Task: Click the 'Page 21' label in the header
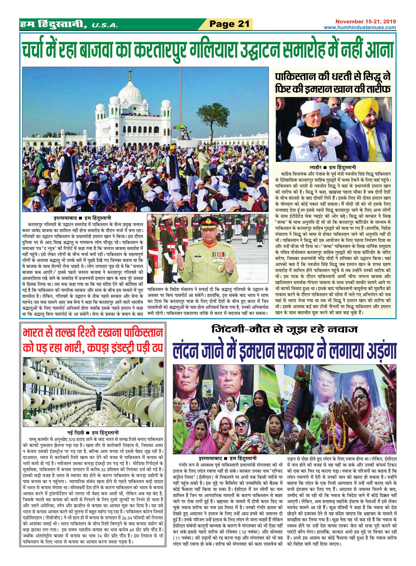229,24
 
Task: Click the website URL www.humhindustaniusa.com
359,27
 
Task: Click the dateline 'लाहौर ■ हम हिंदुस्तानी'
332,167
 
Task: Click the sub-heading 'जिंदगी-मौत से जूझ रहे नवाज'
284,329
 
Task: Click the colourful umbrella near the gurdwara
180,127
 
